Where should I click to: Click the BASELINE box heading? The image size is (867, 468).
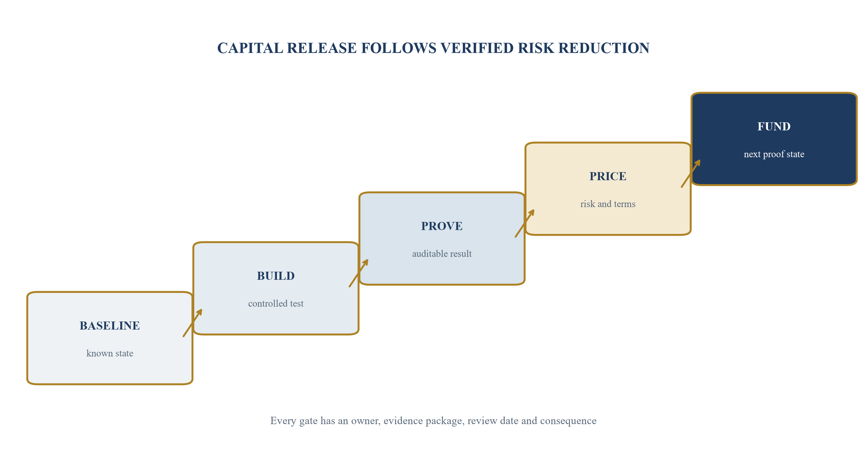click(x=110, y=326)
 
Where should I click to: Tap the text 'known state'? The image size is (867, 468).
click(x=110, y=353)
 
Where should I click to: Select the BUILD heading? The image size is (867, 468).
click(x=276, y=276)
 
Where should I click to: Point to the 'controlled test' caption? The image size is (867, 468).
click(x=276, y=303)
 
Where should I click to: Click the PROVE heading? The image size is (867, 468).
click(x=442, y=226)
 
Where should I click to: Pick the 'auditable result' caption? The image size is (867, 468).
click(x=442, y=254)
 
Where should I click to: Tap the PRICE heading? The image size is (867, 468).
click(x=608, y=176)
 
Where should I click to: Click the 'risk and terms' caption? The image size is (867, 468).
click(x=608, y=204)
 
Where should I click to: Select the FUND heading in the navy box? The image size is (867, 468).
click(x=774, y=126)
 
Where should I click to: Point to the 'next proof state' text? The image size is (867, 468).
click(x=774, y=154)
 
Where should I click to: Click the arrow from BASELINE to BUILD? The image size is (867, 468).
click(x=193, y=323)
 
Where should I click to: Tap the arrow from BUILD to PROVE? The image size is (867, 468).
click(x=359, y=273)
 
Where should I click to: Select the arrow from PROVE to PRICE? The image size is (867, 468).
click(x=525, y=223)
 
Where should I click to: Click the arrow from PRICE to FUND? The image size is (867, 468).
click(x=691, y=173)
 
